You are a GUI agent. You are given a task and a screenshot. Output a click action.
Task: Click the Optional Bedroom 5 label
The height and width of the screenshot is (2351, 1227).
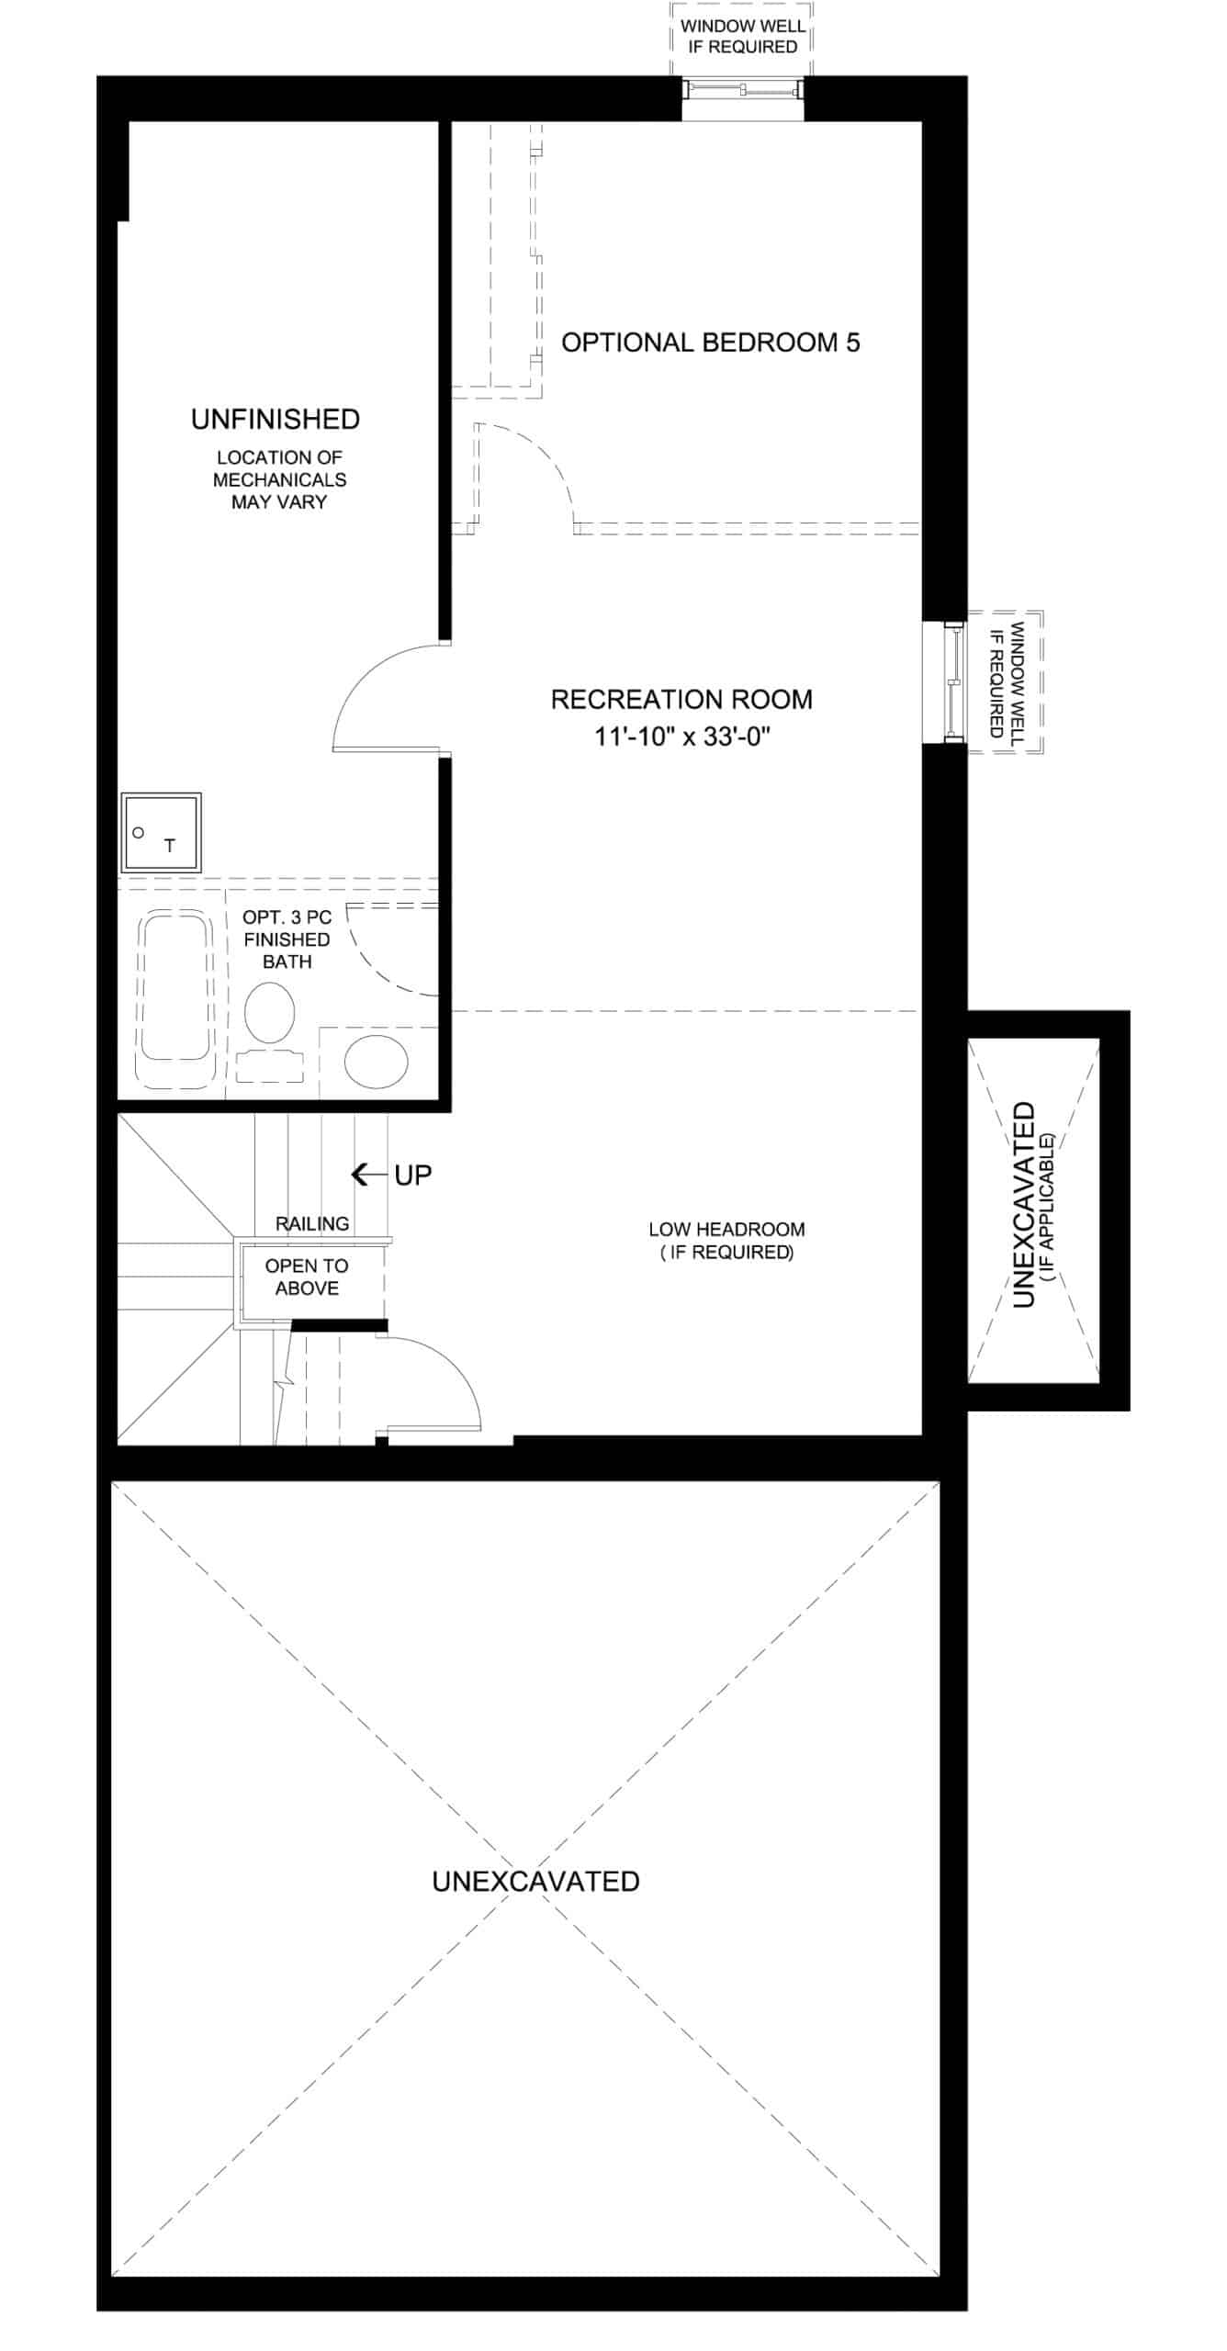(x=711, y=343)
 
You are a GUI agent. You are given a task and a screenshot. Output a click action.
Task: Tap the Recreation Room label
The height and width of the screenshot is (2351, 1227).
(x=681, y=700)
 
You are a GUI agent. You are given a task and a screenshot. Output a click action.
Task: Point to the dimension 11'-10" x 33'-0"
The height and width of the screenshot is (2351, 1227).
(x=681, y=737)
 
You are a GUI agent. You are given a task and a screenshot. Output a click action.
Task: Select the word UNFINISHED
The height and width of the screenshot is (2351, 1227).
(x=276, y=420)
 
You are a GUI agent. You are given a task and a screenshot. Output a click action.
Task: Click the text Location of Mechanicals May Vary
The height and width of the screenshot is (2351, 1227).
(x=280, y=479)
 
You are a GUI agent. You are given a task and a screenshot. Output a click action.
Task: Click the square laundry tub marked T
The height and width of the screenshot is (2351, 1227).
(x=161, y=833)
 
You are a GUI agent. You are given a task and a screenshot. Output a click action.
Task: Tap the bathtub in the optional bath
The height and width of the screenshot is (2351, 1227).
(x=175, y=998)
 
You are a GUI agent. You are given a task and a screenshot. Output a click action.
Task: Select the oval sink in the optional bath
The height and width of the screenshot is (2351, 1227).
(x=377, y=1062)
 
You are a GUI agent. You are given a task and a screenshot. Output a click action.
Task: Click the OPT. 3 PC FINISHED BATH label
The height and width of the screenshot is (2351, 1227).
(x=287, y=939)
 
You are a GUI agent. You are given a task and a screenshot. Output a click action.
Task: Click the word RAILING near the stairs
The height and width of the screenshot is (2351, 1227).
(x=312, y=1224)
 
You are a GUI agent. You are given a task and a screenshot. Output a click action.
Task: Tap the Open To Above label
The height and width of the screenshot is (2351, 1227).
(x=307, y=1277)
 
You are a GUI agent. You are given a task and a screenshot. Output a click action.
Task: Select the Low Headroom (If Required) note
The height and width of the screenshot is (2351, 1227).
(x=726, y=1241)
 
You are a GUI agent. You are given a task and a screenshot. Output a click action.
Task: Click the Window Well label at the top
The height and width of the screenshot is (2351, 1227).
(x=743, y=36)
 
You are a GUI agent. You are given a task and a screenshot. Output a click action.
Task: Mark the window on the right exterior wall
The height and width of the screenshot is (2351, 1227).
(x=955, y=681)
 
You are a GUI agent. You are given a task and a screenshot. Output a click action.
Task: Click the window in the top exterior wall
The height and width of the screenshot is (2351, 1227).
(x=743, y=89)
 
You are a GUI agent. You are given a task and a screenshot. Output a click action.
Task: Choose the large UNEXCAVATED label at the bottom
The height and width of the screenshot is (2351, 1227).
(x=536, y=1882)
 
